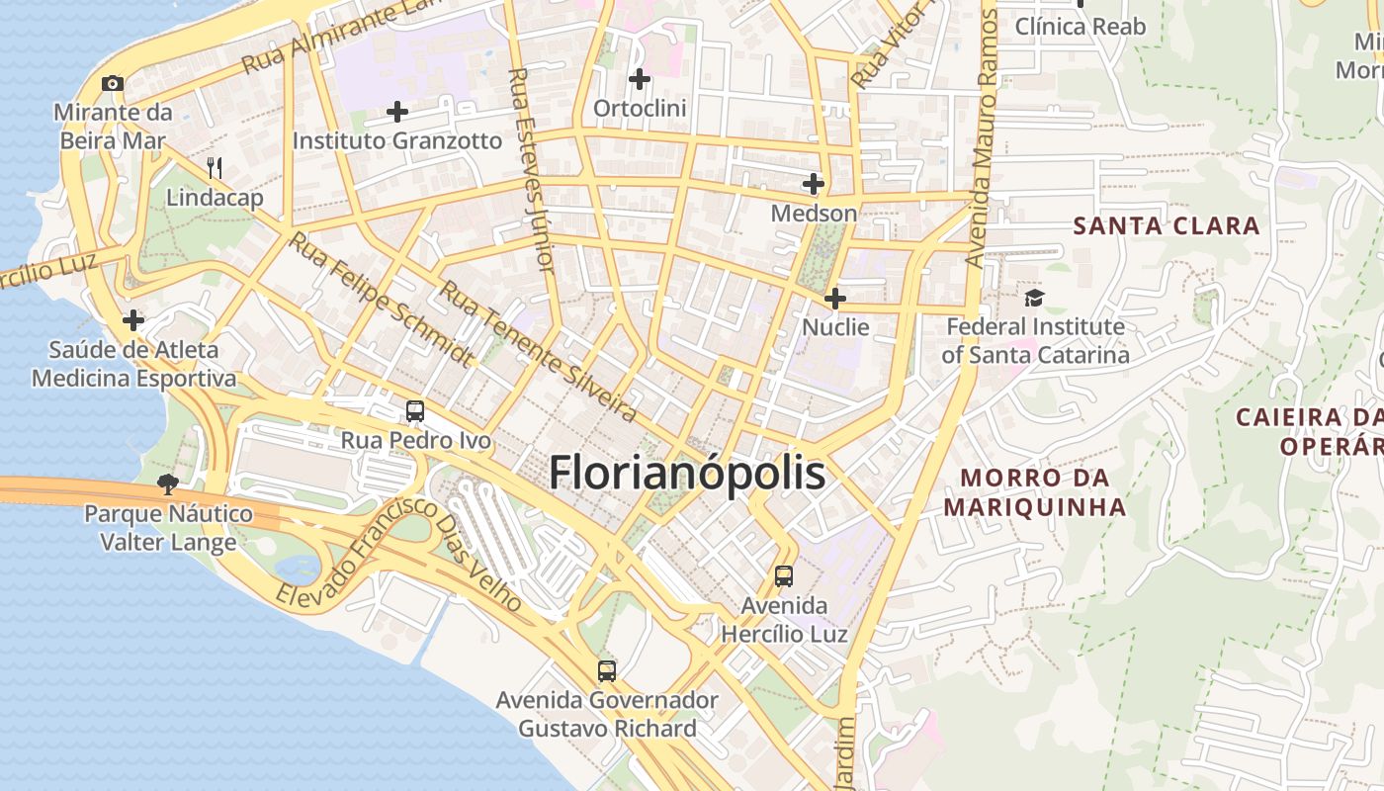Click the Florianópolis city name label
coord(687,473)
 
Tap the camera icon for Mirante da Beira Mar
coord(113,84)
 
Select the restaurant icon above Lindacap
coord(215,168)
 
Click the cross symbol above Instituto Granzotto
coord(397,112)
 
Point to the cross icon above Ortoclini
coord(640,78)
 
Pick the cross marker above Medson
coord(814,184)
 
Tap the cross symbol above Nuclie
coord(835,298)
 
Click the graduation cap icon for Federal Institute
coord(1034,297)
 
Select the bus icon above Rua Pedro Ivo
coord(415,410)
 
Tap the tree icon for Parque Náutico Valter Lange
coord(168,483)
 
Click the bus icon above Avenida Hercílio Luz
coord(784,575)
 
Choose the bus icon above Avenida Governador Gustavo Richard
coord(607,671)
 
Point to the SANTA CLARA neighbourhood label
coord(1167,225)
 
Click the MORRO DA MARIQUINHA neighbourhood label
coord(1034,492)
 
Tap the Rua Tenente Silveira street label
coord(539,351)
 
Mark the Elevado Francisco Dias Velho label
coord(399,554)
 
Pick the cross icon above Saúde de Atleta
coord(133,320)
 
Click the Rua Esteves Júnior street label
coord(532,168)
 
